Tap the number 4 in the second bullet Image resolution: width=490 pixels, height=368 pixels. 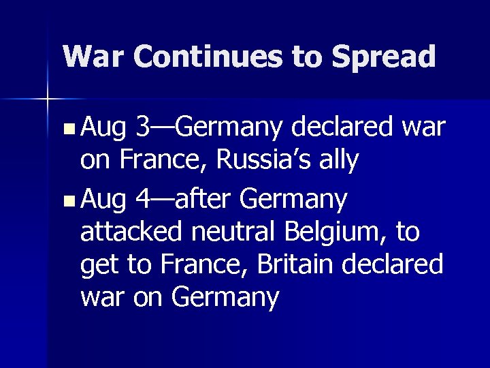point(144,200)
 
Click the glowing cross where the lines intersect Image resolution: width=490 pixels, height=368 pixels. point(48,99)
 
